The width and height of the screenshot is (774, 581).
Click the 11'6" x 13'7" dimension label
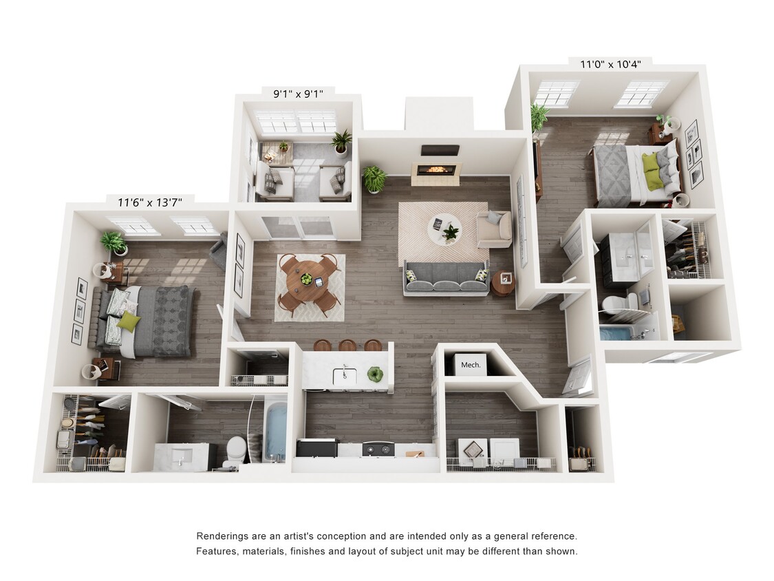click(x=149, y=202)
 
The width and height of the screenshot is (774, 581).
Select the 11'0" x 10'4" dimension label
click(x=610, y=64)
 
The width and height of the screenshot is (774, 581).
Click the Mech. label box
click(x=471, y=365)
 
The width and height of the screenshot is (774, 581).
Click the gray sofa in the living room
click(x=446, y=277)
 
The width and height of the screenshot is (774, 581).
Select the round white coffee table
click(x=443, y=229)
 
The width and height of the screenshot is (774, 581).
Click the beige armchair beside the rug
click(x=493, y=229)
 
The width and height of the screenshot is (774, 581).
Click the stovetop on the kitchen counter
click(x=378, y=448)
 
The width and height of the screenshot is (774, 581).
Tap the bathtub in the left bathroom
click(x=275, y=432)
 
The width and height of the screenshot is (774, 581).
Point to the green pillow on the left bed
click(x=128, y=321)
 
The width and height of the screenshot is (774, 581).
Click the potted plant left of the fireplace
click(x=374, y=178)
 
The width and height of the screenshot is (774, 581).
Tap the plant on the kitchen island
click(x=375, y=374)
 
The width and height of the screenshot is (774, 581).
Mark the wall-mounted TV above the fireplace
click(x=440, y=149)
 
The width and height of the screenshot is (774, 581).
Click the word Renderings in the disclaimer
click(x=225, y=536)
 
